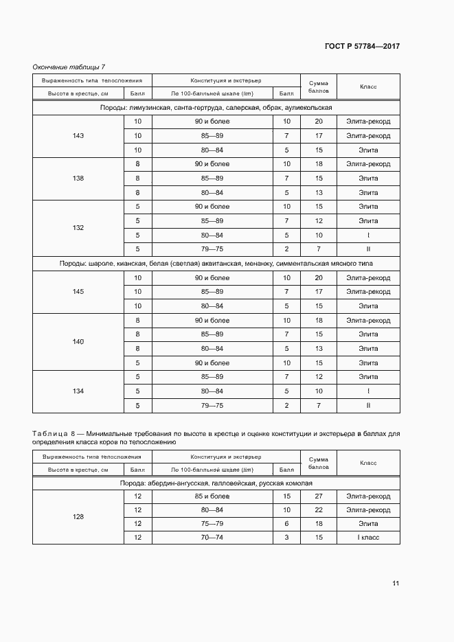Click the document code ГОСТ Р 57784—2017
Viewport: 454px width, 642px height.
(362, 47)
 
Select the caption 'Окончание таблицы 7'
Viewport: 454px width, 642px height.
(69, 67)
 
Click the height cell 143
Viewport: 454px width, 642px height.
(78, 136)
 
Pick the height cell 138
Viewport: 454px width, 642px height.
(78, 179)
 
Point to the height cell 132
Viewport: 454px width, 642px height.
(78, 227)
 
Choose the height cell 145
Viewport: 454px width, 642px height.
(78, 292)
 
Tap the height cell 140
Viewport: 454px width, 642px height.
(78, 341)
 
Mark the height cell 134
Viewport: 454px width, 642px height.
(78, 391)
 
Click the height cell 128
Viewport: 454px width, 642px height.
(78, 516)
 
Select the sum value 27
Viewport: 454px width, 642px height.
(319, 496)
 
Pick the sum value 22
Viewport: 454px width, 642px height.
(319, 510)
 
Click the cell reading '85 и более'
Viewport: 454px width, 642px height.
(212, 496)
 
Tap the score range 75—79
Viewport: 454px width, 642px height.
(212, 524)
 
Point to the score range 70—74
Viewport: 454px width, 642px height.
(212, 538)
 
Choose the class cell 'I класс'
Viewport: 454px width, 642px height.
(368, 538)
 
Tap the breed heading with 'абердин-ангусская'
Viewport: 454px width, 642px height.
(216, 483)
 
